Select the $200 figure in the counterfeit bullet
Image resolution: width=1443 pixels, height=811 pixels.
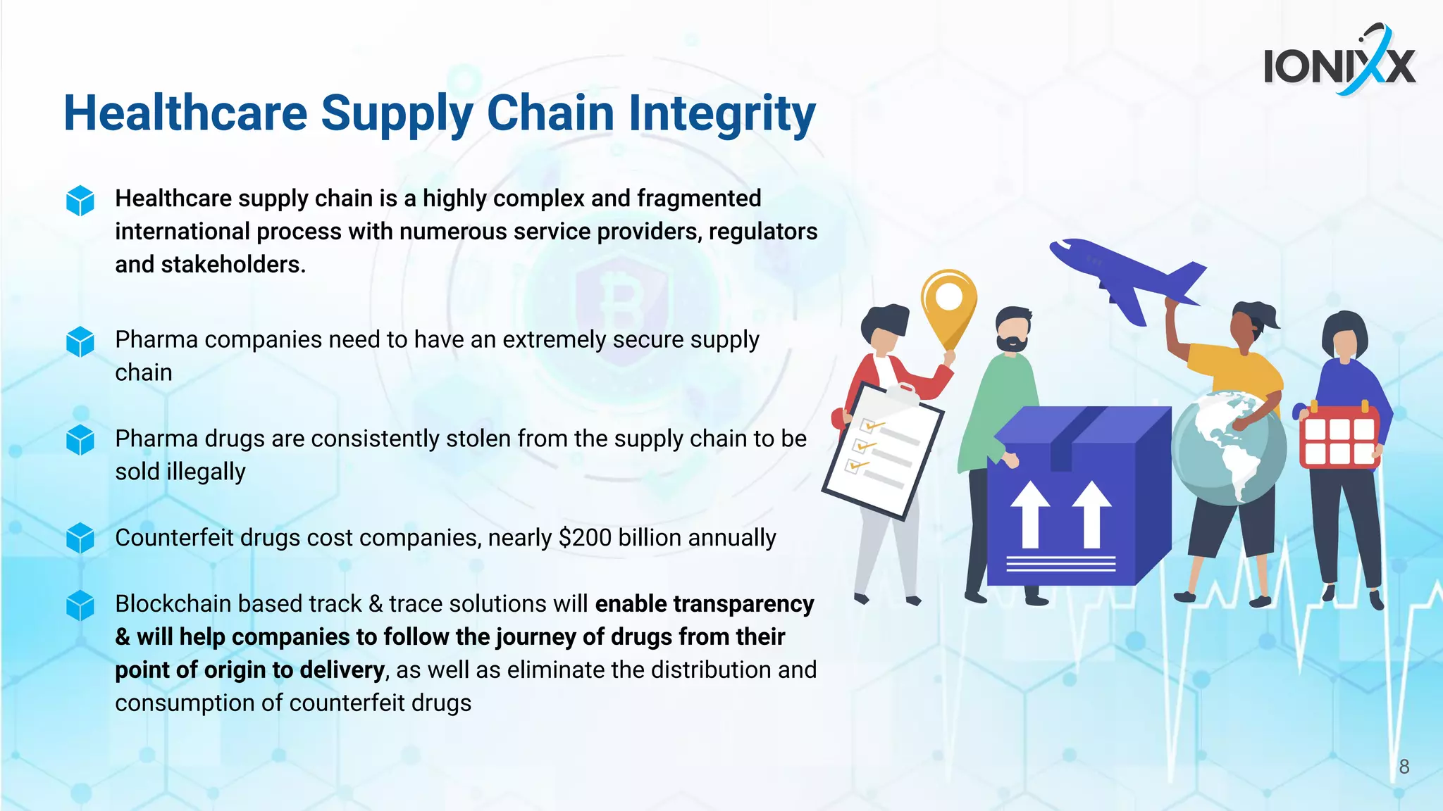click(x=585, y=538)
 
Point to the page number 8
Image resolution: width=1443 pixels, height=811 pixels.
click(x=1404, y=767)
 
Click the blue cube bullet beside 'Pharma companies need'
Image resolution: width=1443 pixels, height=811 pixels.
click(x=80, y=341)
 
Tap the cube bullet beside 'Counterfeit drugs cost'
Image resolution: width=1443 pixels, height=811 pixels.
click(x=80, y=539)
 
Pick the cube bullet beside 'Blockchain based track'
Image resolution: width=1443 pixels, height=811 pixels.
click(x=80, y=605)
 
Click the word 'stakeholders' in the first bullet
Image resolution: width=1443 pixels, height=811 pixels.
click(x=233, y=265)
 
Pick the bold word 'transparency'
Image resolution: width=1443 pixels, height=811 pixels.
click(x=743, y=604)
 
